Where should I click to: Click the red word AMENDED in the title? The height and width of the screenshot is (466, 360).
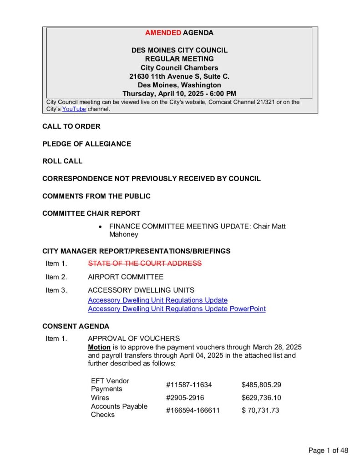point(163,33)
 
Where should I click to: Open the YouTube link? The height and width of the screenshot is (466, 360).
point(74,109)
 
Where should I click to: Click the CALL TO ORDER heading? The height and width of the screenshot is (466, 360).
point(71,127)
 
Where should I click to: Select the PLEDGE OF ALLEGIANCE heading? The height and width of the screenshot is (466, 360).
point(86,144)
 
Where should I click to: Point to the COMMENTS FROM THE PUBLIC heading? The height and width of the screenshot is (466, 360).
point(96,196)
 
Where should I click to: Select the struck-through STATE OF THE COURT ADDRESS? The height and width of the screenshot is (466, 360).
point(144,263)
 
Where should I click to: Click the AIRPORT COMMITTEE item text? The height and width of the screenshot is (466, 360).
point(126,277)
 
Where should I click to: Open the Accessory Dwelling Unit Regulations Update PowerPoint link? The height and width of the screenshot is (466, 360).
point(177,309)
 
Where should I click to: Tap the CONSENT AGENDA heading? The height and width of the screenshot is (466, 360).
point(76,326)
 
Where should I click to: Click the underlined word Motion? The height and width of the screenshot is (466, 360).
point(99,347)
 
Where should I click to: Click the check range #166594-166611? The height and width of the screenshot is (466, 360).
point(193,410)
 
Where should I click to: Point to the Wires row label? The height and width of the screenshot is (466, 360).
point(100,398)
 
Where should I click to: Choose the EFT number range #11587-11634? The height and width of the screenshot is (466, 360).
point(189,385)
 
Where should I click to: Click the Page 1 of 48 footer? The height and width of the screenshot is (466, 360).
point(328,451)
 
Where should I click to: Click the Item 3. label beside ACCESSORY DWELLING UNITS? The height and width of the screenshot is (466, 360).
point(56,290)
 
